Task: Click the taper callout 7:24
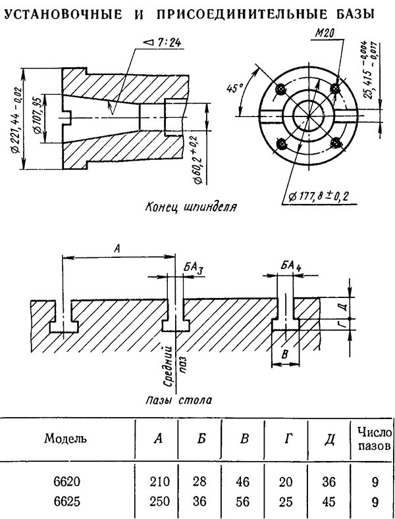(x=163, y=43)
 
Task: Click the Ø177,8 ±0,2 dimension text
(x=319, y=196)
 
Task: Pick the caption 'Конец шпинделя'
(x=191, y=207)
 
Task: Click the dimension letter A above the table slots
(x=117, y=249)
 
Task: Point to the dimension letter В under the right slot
(x=284, y=355)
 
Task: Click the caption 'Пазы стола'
(x=179, y=400)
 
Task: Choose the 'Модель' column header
(x=66, y=438)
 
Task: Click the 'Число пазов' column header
(x=375, y=439)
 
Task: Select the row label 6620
(x=67, y=482)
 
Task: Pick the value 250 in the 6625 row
(x=159, y=501)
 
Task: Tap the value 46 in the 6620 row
(x=242, y=482)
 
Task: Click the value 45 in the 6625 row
(x=329, y=501)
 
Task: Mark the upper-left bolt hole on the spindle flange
(x=282, y=88)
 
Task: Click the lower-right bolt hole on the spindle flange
(x=336, y=143)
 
